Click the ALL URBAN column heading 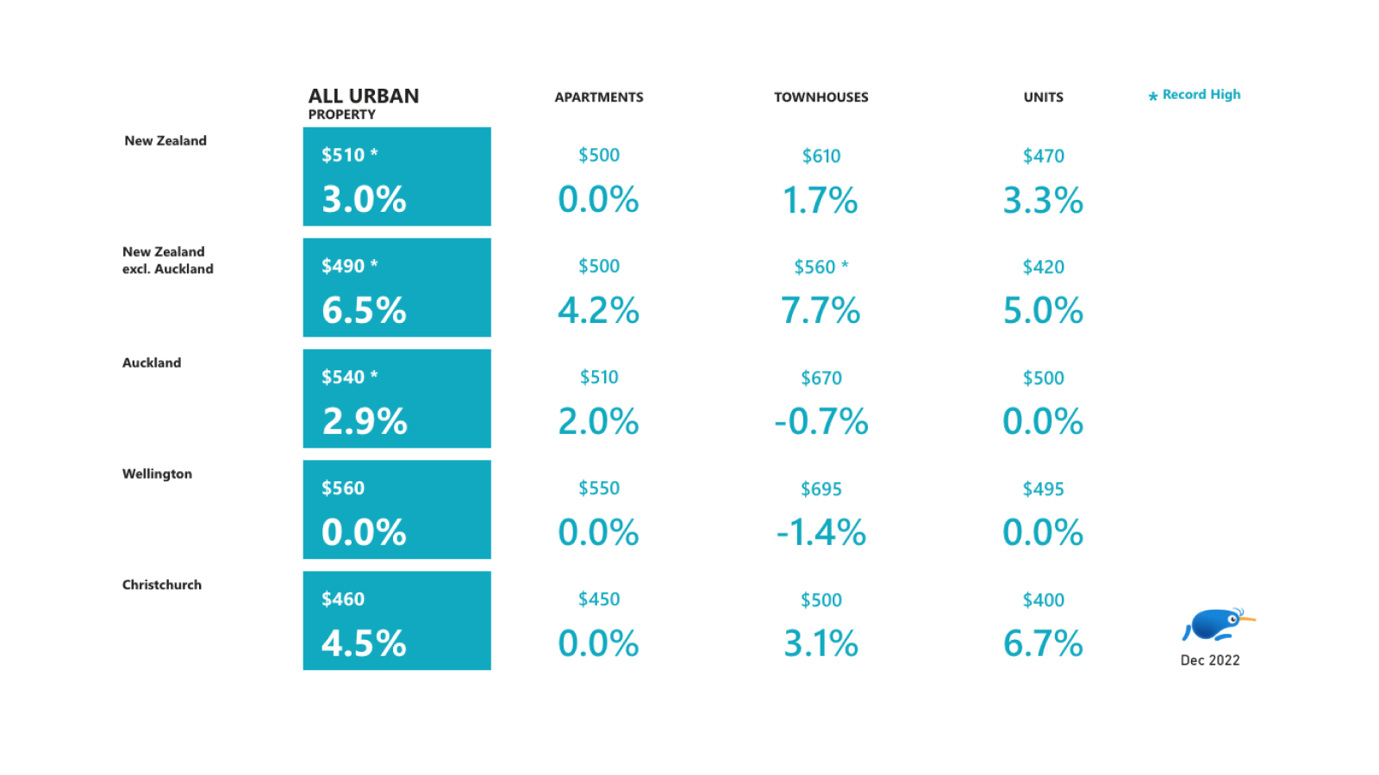363,96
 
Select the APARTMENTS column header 598,97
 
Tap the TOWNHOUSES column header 821,97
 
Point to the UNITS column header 1043,97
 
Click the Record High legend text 1201,95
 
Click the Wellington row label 157,474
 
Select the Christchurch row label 162,585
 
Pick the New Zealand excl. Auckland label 167,260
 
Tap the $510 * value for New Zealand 349,155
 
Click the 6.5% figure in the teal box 364,310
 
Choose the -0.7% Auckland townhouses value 821,421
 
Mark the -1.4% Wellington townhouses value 821,532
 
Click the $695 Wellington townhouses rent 821,489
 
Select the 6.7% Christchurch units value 1043,643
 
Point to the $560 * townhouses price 821,267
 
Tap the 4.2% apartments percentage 598,310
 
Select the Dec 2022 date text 1209,660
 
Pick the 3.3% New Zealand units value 1043,200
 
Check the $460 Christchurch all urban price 343,599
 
